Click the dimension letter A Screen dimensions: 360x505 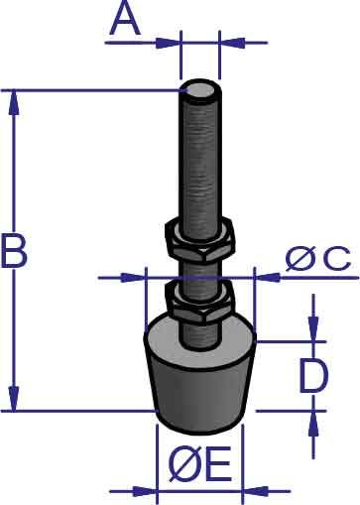tap(125, 20)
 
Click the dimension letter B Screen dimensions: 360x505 tap(14, 250)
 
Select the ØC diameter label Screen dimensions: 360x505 tap(318, 259)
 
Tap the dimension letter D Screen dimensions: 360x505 tap(313, 376)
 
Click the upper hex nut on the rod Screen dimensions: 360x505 tap(199, 238)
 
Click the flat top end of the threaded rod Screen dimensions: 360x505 tap(199, 89)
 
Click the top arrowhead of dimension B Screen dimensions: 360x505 tap(13, 102)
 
